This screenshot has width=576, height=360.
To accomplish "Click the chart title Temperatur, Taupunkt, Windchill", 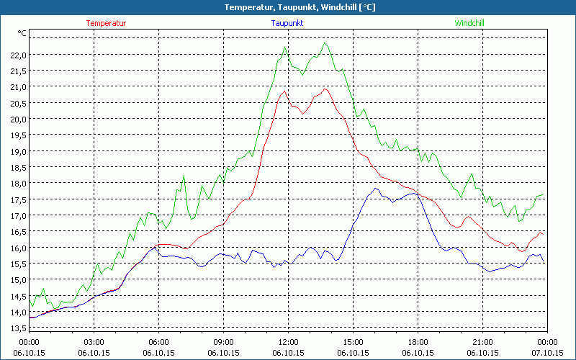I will (x=289, y=7).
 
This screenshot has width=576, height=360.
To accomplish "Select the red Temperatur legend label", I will (x=106, y=23).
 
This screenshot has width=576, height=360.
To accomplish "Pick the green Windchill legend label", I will (x=469, y=23).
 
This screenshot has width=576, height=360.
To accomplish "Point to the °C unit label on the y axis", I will (x=22, y=34).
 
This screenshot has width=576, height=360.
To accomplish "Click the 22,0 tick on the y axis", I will (x=18, y=55).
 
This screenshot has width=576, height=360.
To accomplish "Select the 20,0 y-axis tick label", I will (x=18, y=119).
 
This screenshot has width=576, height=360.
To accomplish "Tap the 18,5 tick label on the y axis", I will (x=18, y=167).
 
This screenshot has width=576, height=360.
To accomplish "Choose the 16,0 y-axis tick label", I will (x=18, y=248).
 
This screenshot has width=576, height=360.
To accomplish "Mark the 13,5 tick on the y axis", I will (x=18, y=328).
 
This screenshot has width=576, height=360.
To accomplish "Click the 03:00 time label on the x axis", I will (x=94, y=342).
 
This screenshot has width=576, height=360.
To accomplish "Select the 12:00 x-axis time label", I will (x=288, y=342).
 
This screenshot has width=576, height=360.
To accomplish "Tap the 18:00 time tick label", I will (x=418, y=342).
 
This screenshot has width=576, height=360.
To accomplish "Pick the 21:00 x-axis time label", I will (x=482, y=342).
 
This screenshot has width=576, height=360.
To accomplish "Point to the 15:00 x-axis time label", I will (x=353, y=342).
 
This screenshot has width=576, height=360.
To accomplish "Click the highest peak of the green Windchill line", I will (x=325, y=43).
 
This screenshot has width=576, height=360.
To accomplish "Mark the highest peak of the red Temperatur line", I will (x=325, y=89).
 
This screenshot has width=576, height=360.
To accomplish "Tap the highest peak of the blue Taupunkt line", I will (x=375, y=189).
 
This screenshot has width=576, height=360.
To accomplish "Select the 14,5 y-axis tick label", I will (x=18, y=296).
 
